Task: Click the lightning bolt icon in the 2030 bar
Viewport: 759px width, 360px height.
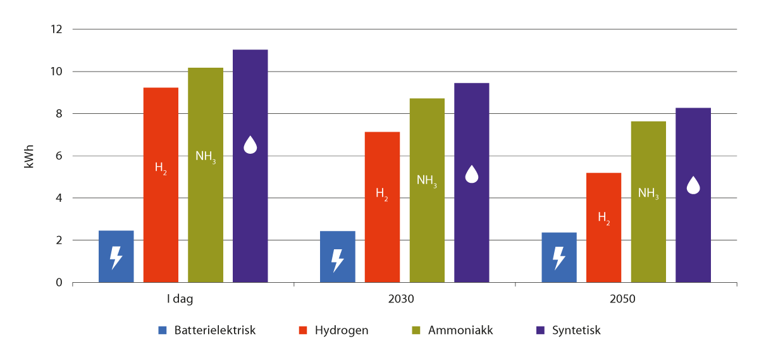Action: click(338, 259)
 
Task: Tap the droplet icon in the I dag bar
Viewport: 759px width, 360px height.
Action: click(250, 145)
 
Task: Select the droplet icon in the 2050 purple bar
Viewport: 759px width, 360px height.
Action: click(693, 185)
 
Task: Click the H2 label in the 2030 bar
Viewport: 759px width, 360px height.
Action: click(382, 194)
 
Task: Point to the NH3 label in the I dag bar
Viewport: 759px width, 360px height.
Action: click(206, 157)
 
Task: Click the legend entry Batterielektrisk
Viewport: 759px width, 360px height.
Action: click(215, 330)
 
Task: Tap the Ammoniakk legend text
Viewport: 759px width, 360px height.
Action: click(460, 330)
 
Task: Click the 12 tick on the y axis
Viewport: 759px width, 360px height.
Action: click(58, 29)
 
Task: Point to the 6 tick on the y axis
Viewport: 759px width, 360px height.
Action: click(59, 156)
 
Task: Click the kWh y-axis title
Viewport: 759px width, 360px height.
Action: click(28, 156)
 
